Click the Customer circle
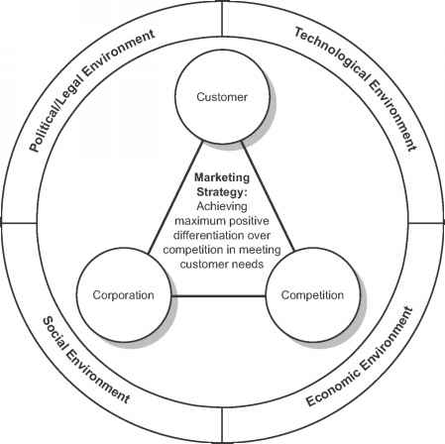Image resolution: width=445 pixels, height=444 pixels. pyautogui.click(x=221, y=96)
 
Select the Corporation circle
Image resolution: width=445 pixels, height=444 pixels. pyautogui.click(x=123, y=295)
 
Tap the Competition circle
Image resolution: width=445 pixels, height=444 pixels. pyautogui.click(x=312, y=294)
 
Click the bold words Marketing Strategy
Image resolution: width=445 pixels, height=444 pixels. pyautogui.click(x=222, y=184)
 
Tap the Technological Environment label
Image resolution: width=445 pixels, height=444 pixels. pyautogui.click(x=353, y=88)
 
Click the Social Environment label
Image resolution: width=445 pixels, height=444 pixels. pyautogui.click(x=85, y=358)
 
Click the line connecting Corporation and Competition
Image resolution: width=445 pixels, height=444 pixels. pyautogui.click(x=218, y=295)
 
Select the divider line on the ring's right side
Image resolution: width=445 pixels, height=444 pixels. pyautogui.click(x=424, y=222)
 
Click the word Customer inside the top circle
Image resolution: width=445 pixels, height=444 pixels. pyautogui.click(x=221, y=96)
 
